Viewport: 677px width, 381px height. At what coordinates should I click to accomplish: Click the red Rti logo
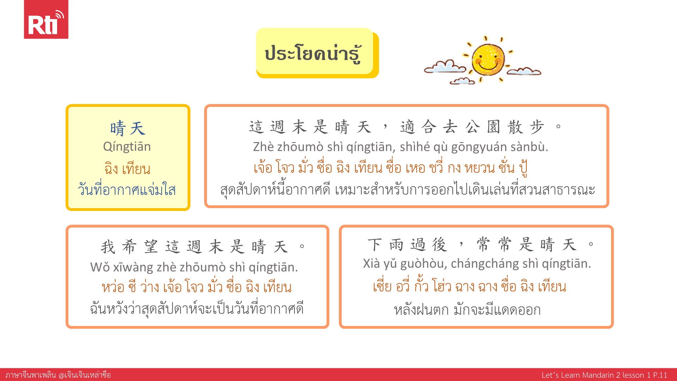46,19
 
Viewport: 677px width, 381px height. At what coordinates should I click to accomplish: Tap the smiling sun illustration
488,59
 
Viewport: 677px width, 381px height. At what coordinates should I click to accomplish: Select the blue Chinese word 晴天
127,128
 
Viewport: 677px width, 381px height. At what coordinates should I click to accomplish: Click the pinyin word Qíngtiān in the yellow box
127,146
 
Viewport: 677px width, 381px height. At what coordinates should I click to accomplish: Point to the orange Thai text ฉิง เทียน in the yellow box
127,168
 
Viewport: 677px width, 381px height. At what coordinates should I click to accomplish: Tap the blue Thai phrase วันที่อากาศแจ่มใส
127,189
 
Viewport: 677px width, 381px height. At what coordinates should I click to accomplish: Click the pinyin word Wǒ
100,267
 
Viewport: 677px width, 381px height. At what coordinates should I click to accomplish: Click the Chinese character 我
108,247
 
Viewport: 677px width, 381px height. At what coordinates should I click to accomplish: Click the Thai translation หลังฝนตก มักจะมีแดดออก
467,310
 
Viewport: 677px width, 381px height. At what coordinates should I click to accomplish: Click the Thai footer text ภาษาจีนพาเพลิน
31,375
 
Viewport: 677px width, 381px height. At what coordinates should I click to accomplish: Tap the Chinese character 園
493,127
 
